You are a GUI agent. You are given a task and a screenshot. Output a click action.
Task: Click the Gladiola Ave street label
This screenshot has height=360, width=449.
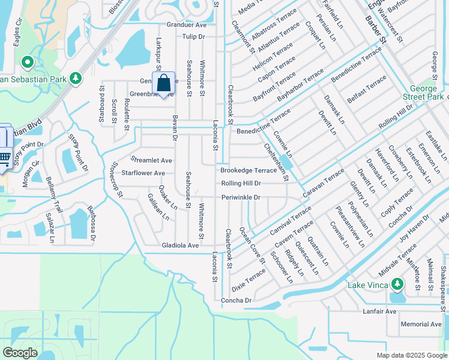pos(180,245)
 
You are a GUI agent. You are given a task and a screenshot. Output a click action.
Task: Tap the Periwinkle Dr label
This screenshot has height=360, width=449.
pos(240,197)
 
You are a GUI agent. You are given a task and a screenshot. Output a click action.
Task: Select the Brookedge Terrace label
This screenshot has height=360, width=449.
pos(249,170)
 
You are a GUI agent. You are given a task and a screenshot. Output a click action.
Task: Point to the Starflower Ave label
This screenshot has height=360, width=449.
pos(143,173)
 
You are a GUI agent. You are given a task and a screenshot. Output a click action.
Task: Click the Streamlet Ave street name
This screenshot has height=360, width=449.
pos(151,160)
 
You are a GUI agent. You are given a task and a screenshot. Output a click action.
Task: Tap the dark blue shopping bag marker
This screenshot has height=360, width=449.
pos(164,84)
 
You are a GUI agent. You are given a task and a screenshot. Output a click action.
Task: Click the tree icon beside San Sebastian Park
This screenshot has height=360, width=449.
pos(75,79)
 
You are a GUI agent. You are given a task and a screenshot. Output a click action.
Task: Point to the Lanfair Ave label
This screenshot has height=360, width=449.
pos(379,311)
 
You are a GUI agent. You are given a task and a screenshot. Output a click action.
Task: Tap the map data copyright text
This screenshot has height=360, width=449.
pos(411,355)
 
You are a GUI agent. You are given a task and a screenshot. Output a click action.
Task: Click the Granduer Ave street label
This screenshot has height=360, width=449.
pos(186,25)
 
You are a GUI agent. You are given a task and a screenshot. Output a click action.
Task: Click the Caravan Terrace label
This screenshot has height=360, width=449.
pos(324,183)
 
